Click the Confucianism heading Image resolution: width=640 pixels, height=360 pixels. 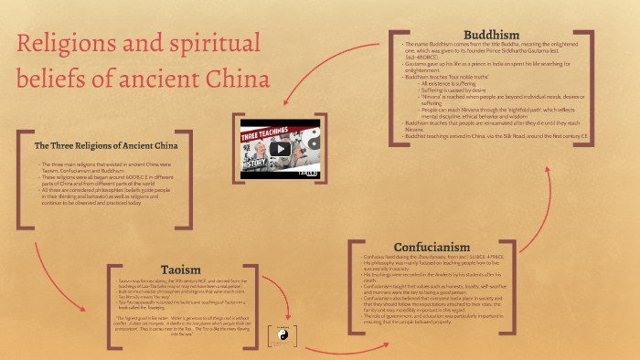pyautogui.click(x=432, y=247)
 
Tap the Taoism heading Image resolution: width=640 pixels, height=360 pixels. pyautogui.click(x=182, y=268)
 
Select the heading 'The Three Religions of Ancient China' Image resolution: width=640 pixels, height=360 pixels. pyautogui.click(x=106, y=145)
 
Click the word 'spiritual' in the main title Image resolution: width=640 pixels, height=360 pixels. pyautogui.click(x=216, y=42)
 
